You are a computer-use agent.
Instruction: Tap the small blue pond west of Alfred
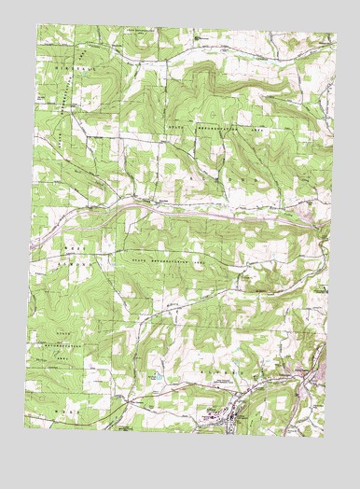tap(160, 376)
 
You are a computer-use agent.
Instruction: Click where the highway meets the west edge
tap(30, 244)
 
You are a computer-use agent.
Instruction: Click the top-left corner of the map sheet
tap(36, 26)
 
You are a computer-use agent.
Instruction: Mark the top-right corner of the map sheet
tap(336, 33)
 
